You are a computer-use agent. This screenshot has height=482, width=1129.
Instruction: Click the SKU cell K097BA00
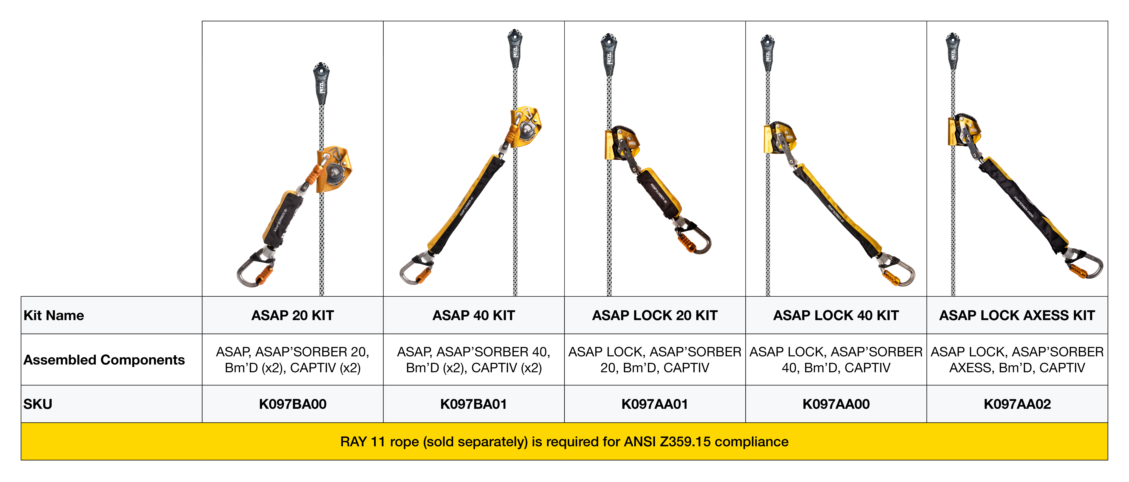point(292,404)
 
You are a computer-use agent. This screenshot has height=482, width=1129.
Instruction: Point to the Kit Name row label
point(54,315)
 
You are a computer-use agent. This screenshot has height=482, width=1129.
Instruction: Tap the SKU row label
point(38,404)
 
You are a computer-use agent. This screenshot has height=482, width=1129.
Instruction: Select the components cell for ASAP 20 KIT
point(292,360)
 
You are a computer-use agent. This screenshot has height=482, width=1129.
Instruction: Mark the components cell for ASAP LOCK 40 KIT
point(836,360)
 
